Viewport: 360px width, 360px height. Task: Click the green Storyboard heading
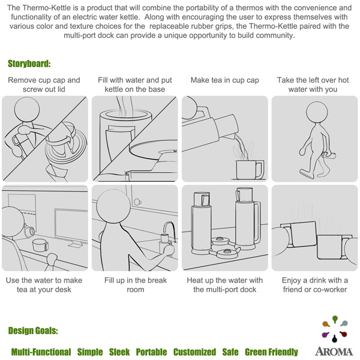tap(29, 64)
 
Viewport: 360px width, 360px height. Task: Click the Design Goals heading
tap(33, 331)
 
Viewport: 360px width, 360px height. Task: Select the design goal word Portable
tap(151, 352)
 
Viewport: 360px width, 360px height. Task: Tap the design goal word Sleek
tap(119, 352)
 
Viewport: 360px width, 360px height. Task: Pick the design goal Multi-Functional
tap(41, 352)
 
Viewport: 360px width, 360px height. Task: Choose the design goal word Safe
tap(230, 352)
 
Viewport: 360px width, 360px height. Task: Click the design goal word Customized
tap(194, 352)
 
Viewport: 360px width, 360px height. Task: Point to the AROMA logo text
tap(334, 352)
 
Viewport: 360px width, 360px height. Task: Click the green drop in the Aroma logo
tap(335, 319)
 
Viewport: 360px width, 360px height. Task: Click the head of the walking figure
tap(317, 112)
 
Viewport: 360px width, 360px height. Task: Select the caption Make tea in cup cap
tap(225, 80)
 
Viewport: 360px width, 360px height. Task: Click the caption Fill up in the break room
tap(136, 284)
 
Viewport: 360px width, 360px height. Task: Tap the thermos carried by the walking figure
tap(329, 155)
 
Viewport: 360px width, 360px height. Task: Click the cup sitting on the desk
tap(40, 245)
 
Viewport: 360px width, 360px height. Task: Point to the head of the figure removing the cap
tap(27, 110)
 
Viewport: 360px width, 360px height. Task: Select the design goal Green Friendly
tap(271, 352)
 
